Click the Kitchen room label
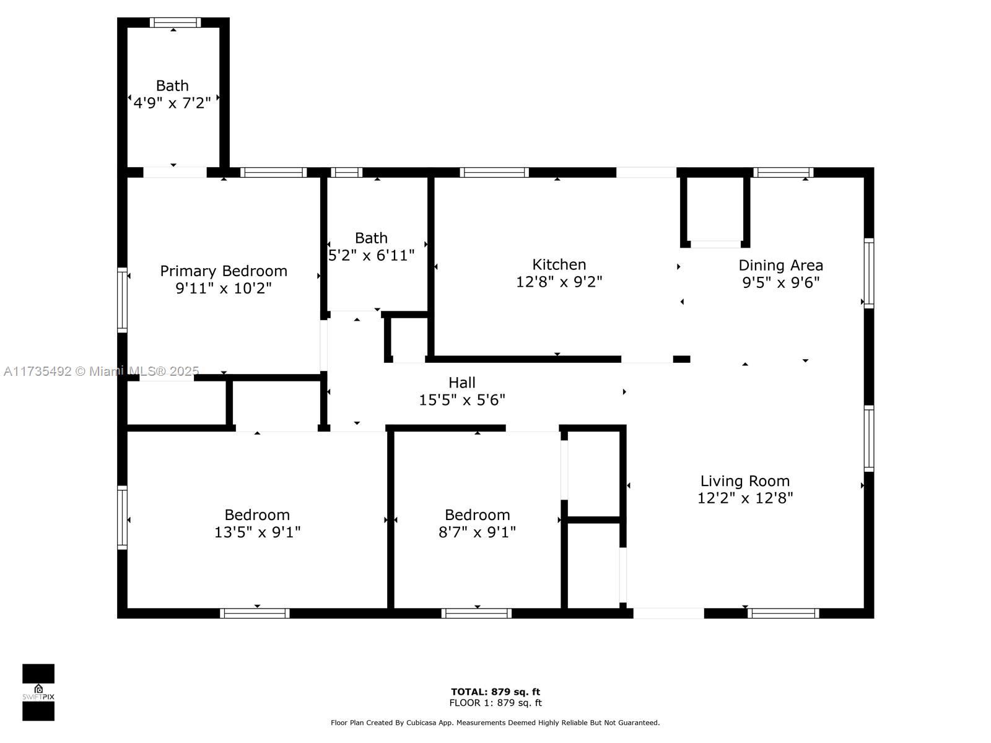559,264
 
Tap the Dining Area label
780,265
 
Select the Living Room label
745,481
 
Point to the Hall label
461,383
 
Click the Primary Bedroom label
224,271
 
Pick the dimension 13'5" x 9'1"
257,532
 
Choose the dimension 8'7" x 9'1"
477,532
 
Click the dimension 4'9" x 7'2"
172,103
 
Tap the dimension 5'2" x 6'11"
370,256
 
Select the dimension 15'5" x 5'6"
461,400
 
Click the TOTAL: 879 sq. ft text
495,692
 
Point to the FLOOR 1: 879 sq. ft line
495,703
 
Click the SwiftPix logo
38,692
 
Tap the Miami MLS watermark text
101,371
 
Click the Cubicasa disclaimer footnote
495,723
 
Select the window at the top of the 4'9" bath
175,22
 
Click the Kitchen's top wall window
494,172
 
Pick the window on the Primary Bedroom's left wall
123,300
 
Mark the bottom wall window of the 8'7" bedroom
476,614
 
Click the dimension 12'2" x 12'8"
745,498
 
